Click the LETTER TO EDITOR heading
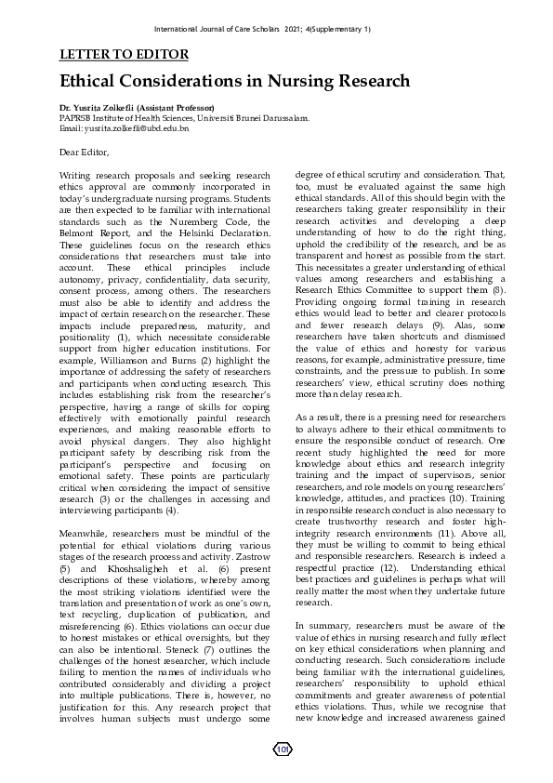click(x=124, y=55)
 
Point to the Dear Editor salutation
click(x=84, y=152)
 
